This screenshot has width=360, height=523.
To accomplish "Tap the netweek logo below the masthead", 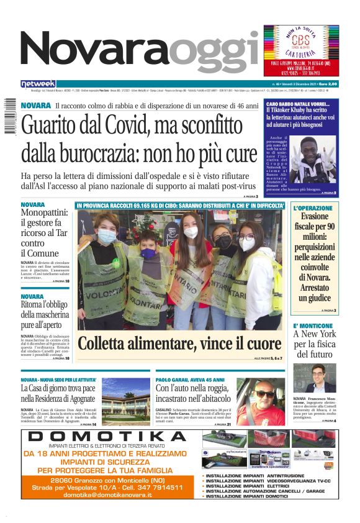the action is [x=38, y=83].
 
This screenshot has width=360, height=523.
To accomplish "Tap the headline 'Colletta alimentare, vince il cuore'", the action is [x=179, y=343].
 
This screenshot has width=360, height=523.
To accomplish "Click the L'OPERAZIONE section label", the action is [x=313, y=208].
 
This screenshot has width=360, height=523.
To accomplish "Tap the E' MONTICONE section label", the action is [x=313, y=326].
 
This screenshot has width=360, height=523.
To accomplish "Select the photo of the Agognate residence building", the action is [x=126, y=402].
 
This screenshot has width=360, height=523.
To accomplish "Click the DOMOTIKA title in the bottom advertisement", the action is [x=107, y=437].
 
